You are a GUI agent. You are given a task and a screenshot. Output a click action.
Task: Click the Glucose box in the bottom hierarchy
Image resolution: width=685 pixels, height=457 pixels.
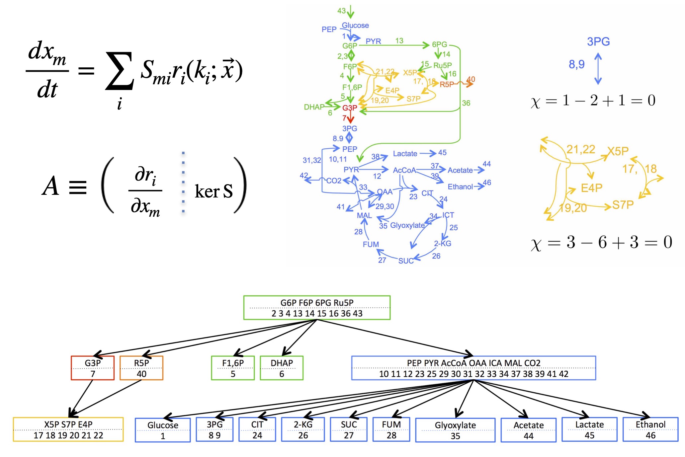[163, 430]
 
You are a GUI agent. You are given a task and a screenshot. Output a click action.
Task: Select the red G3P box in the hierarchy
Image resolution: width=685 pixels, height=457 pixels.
[93, 368]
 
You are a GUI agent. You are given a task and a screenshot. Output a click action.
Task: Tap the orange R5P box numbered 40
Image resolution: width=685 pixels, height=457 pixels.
[141, 368]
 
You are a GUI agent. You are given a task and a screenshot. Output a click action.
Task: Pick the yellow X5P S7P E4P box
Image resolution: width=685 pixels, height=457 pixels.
[68, 429]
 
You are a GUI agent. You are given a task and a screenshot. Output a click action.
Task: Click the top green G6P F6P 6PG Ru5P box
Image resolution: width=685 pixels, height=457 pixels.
[317, 308]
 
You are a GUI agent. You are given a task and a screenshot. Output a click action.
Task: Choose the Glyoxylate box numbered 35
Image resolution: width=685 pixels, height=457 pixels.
[455, 430]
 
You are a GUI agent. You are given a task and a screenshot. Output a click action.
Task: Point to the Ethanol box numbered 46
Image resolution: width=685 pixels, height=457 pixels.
[650, 429]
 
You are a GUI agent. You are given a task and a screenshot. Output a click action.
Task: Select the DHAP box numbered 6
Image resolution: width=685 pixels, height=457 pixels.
[282, 368]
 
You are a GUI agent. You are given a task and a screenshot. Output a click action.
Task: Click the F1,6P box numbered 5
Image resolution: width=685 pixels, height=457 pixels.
[233, 368]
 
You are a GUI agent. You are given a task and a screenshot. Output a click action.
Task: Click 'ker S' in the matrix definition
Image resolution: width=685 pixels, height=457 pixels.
[214, 191]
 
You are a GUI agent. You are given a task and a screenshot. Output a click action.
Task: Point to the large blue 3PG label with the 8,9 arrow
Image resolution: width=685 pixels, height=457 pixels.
[598, 41]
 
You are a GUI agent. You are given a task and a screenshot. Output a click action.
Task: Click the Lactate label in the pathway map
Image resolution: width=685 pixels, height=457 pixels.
[405, 154]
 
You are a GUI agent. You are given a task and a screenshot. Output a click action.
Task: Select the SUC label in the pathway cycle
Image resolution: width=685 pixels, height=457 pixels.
[406, 261]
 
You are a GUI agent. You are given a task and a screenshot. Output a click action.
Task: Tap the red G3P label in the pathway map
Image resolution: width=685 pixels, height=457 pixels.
[350, 108]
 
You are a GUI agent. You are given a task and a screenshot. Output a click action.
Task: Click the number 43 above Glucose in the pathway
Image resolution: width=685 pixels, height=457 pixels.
[341, 11]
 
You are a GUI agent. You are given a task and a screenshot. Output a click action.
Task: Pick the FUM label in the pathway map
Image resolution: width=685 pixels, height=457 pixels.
[371, 245]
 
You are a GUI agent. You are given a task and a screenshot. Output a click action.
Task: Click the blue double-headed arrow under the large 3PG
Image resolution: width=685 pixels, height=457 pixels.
[598, 69]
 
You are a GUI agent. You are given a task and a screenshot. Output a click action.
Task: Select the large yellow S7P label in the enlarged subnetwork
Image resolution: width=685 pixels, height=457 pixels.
[623, 205]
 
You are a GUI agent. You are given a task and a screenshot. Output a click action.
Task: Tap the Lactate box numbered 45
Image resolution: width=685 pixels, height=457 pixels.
[589, 429]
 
